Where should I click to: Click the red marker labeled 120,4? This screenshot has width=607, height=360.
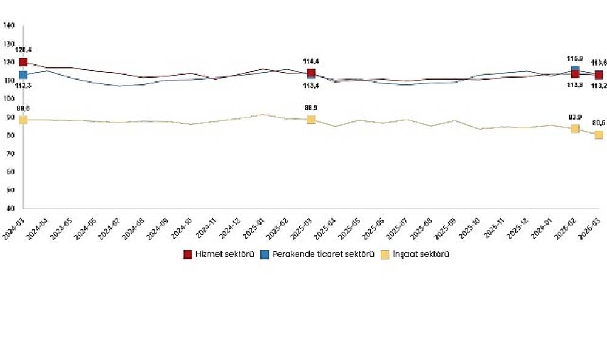pos(23,62)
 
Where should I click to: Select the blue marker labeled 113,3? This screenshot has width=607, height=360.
pos(23,75)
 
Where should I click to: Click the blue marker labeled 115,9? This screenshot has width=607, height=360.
pos(575,70)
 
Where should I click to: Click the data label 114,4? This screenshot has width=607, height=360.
pos(311,61)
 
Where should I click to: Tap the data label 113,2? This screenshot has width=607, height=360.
pos(599,86)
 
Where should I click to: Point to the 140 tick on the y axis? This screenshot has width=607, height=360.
pos(8,25)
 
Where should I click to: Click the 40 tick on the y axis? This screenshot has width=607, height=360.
pos(10,208)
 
